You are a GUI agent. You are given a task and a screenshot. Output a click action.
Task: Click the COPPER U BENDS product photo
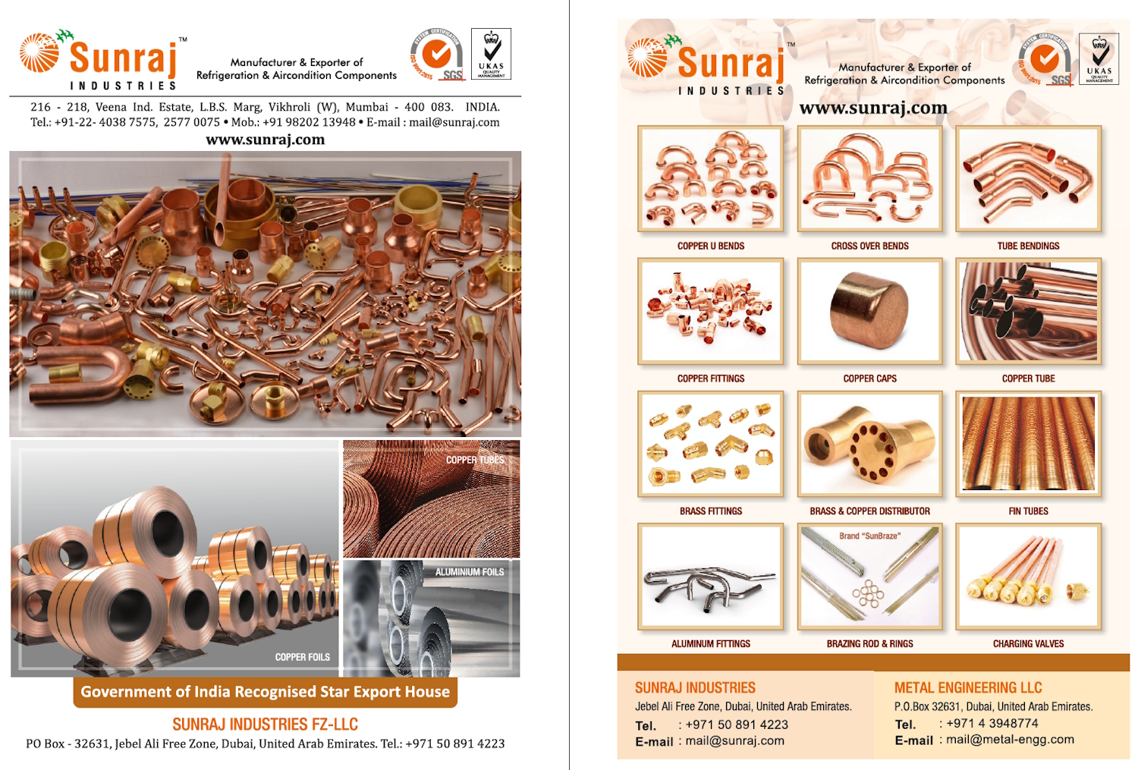pyautogui.click(x=711, y=179)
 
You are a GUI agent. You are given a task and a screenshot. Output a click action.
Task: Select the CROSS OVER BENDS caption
pyautogui.click(x=869, y=246)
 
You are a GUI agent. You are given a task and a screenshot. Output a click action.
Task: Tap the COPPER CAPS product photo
pyautogui.click(x=869, y=311)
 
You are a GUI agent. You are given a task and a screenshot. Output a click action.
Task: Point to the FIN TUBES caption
pyautogui.click(x=1028, y=511)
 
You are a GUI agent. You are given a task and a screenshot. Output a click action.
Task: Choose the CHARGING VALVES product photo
pyautogui.click(x=1028, y=577)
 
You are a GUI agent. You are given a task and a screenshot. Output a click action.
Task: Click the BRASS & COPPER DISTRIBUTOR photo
pyautogui.click(x=869, y=444)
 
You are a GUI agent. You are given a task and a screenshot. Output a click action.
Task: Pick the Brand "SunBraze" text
pyautogui.click(x=869, y=536)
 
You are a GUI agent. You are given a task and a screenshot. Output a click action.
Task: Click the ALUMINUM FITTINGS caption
pyautogui.click(x=711, y=644)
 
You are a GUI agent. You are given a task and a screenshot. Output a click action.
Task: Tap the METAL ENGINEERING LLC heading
pyautogui.click(x=968, y=688)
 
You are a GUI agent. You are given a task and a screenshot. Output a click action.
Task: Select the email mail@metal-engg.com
pyautogui.click(x=1010, y=740)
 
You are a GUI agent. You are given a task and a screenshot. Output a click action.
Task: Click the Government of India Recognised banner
pyautogui.click(x=265, y=692)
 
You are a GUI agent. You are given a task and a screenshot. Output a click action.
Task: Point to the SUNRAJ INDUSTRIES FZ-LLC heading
pyautogui.click(x=265, y=724)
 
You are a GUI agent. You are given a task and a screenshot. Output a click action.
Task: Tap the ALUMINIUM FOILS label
pyautogui.click(x=469, y=572)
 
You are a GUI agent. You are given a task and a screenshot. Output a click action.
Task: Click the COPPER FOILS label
pyautogui.click(x=302, y=657)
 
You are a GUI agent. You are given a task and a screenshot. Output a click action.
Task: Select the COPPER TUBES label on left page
pyautogui.click(x=475, y=460)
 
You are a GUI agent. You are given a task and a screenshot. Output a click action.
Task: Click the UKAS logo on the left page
pyautogui.click(x=491, y=54)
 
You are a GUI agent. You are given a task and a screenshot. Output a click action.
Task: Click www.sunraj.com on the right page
pyautogui.click(x=873, y=108)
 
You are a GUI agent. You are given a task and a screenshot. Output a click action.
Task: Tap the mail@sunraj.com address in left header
pyautogui.click(x=454, y=122)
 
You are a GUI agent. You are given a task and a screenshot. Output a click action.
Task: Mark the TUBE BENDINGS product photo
pyautogui.click(x=1028, y=179)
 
